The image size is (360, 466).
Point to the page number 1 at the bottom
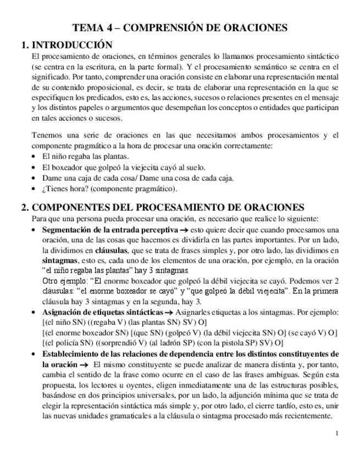point(336,434)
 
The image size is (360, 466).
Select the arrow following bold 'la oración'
point(84,364)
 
